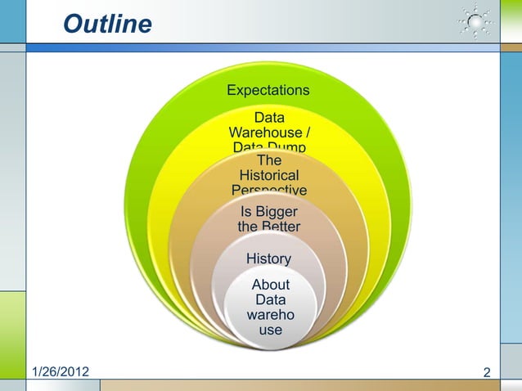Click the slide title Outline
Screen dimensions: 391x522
pyautogui.click(x=107, y=25)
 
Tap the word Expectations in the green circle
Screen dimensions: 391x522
pyautogui.click(x=268, y=89)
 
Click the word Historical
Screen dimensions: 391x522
pyautogui.click(x=268, y=175)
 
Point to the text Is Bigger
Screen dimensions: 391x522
pyautogui.click(x=269, y=213)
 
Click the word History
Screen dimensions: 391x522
pyautogui.click(x=268, y=258)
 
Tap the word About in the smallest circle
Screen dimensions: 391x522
pyautogui.click(x=269, y=285)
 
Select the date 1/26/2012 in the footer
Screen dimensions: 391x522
pyautogui.click(x=61, y=372)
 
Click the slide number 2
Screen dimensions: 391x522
pyautogui.click(x=488, y=373)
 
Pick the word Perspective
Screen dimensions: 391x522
pyautogui.click(x=269, y=191)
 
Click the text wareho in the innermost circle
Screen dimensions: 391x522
pyautogui.click(x=269, y=315)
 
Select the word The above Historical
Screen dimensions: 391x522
pyautogui.click(x=268, y=160)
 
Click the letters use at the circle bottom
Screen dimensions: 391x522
pyautogui.click(x=270, y=330)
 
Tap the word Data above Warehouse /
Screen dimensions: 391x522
pyautogui.click(x=269, y=117)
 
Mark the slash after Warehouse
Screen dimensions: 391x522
pyautogui.click(x=306, y=132)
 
